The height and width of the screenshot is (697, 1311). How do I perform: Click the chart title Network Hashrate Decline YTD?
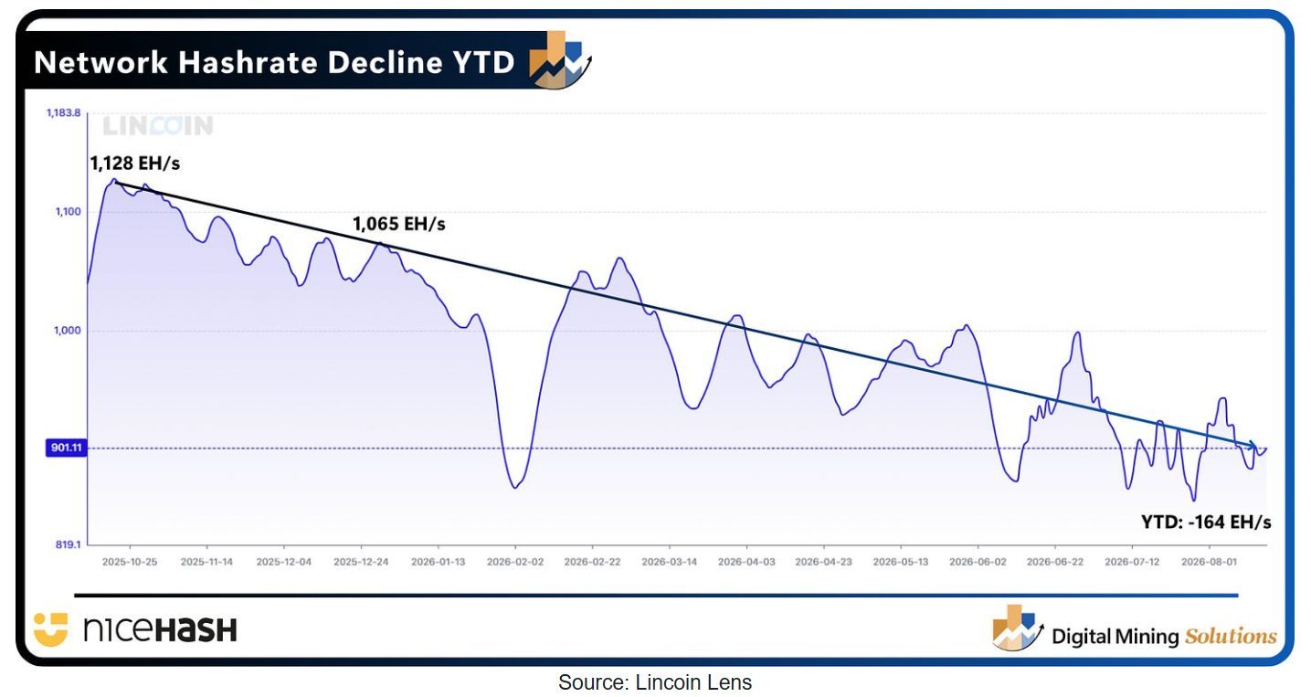click(x=274, y=62)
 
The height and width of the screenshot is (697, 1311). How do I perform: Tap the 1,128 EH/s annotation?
click(x=134, y=164)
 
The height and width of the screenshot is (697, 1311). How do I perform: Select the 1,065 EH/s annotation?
click(x=398, y=224)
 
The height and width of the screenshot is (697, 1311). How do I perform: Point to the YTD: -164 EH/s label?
click(x=1206, y=522)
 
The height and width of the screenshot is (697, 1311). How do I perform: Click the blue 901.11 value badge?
click(x=66, y=448)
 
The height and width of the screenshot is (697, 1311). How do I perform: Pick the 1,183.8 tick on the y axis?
click(x=63, y=112)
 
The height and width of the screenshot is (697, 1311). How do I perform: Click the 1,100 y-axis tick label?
click(x=68, y=211)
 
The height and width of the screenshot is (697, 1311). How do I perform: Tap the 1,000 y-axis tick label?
click(x=68, y=331)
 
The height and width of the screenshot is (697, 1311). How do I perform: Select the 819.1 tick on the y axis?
click(x=68, y=544)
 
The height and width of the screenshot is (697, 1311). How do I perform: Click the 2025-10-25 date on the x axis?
click(x=130, y=562)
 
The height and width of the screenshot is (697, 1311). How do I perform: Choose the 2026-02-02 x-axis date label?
click(x=515, y=562)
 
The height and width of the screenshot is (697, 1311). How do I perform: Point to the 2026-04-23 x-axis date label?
click(x=823, y=562)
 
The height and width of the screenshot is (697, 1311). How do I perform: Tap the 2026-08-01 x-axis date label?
click(x=1210, y=562)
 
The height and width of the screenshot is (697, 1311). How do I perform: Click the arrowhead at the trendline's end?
click(x=1253, y=446)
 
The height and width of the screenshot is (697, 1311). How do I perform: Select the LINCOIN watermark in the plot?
click(x=158, y=125)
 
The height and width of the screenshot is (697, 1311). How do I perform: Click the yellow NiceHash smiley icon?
click(x=51, y=629)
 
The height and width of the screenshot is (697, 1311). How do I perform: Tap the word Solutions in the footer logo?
click(x=1231, y=636)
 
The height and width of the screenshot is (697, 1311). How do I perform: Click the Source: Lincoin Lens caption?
click(x=655, y=682)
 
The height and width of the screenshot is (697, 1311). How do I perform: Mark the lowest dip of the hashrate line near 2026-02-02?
click(x=515, y=488)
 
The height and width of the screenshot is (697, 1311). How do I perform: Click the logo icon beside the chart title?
click(x=559, y=59)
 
